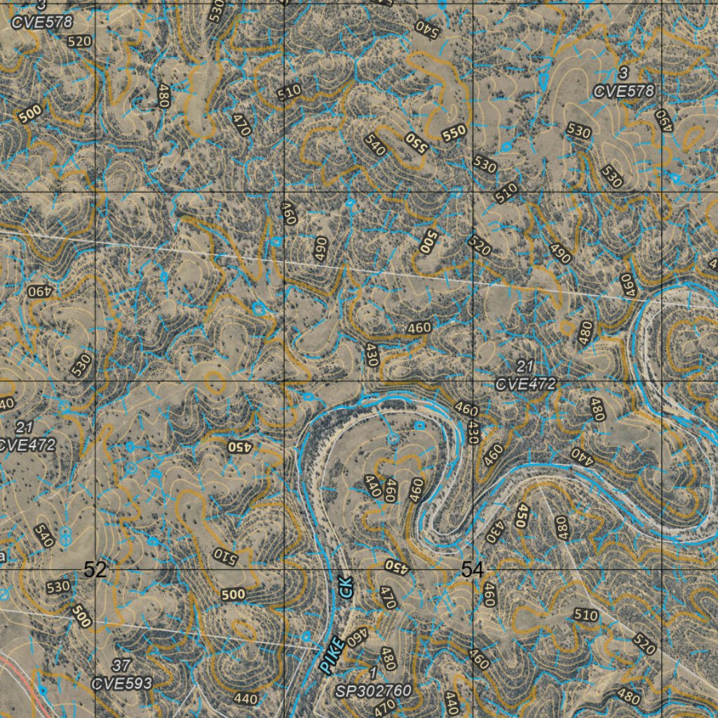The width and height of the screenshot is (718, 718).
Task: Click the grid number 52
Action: coord(95,570)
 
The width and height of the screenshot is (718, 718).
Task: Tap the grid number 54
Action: coord(473,570)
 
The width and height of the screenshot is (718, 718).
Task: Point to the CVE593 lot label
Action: coord(122,682)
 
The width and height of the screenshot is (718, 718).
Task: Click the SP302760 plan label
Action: coord(373,691)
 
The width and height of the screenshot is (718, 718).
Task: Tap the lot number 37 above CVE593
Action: coord(122,665)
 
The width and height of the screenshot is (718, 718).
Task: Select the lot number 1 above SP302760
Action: coord(372,675)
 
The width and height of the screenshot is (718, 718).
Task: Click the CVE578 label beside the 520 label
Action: coord(42,22)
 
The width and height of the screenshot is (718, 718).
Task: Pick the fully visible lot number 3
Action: coord(623,74)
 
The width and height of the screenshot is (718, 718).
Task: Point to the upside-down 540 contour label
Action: coord(427,28)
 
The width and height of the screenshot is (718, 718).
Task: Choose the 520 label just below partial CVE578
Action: coord(80,41)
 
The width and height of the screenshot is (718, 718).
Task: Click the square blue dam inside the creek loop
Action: coord(419,425)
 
